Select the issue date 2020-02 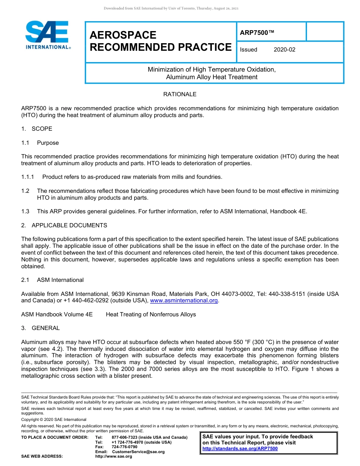(284, 50)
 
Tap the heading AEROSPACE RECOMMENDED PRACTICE (160, 41)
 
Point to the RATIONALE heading (180, 94)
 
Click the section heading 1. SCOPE (37, 129)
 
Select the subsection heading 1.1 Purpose (40, 143)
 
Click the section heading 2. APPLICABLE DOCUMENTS (64, 225)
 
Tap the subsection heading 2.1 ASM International (52, 280)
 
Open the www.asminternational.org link (184, 300)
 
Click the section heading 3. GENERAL (41, 328)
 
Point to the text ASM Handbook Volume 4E (57, 314)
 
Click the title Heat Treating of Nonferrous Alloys (151, 314)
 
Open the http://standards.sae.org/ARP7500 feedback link (240, 449)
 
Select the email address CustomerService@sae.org (138, 452)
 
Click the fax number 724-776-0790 (124, 447)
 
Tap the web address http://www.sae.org (113, 457)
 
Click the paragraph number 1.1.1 (28, 177)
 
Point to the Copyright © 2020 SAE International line (54, 419)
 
